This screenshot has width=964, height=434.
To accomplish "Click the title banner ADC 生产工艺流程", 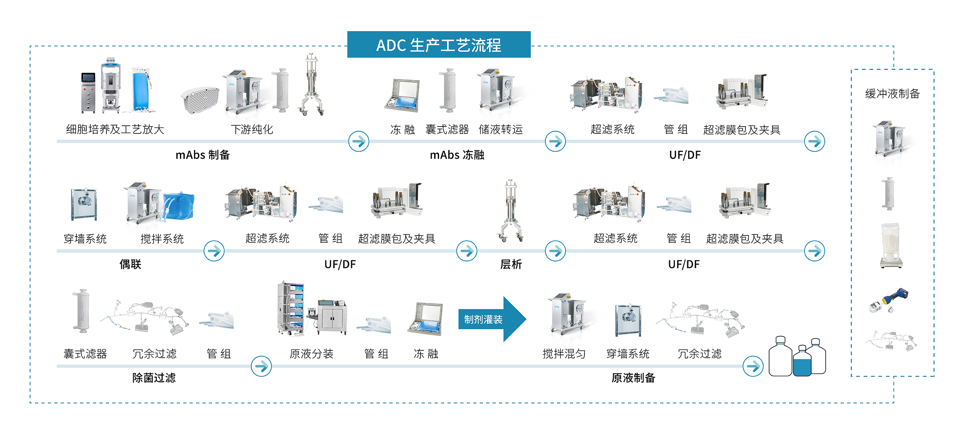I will tap(439, 45).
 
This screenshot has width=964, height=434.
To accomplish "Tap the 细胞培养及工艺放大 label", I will tap(115, 129).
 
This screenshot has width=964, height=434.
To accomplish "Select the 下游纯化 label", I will tap(252, 129).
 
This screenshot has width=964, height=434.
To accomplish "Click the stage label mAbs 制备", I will tap(202, 155).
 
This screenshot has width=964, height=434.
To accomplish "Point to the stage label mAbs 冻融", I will tap(457, 155).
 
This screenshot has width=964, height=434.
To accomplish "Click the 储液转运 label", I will tap(501, 129).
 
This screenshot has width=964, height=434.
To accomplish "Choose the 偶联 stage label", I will tap(131, 264).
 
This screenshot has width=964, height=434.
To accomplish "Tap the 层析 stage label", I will tap(511, 264).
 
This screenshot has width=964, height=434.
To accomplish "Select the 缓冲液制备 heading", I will tap(893, 94).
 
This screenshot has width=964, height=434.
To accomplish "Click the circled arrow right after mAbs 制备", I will tap(359, 141).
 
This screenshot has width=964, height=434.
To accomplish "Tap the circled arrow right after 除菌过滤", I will tap(261, 366).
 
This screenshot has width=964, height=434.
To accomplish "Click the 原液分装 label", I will tap(312, 354).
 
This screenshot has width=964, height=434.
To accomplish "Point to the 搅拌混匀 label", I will tap(564, 354).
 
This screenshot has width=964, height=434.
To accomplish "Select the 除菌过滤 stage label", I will tap(154, 378).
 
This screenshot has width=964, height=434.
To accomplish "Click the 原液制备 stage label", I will tap(633, 378).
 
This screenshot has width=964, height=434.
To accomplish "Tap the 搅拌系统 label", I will tap(162, 239).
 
